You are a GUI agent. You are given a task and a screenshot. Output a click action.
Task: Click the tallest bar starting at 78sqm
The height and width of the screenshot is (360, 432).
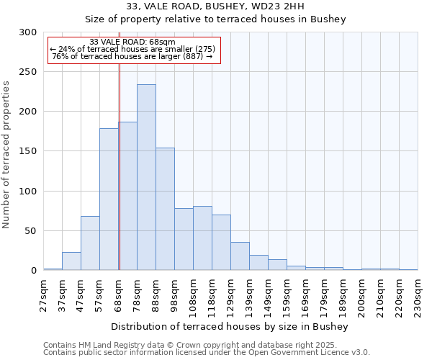click(x=146, y=177)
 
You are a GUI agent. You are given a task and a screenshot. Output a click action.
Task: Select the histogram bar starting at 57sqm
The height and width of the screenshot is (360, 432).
click(x=109, y=199)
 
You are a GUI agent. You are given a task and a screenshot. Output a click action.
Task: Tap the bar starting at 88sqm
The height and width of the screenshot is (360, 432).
click(x=165, y=209)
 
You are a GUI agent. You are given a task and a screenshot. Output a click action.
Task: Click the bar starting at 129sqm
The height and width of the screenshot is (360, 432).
click(x=240, y=256)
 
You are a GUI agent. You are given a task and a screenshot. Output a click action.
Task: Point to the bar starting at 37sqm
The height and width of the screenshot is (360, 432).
click(x=71, y=261)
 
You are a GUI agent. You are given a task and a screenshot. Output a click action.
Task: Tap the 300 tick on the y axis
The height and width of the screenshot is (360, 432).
click(x=28, y=32)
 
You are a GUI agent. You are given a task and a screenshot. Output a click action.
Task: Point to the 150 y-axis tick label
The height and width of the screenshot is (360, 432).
click(x=28, y=151)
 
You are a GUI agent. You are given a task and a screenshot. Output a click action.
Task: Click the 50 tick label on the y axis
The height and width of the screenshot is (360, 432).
click(x=30, y=231)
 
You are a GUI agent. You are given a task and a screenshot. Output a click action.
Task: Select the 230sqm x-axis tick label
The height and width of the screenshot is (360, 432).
click(x=418, y=296)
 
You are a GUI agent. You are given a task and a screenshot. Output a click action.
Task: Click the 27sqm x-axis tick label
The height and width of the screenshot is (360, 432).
click(x=44, y=294)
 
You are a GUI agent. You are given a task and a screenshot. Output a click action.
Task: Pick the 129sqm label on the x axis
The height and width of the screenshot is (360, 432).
click(x=231, y=296)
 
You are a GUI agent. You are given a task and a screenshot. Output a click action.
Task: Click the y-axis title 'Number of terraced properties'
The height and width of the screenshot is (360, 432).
click(x=6, y=155)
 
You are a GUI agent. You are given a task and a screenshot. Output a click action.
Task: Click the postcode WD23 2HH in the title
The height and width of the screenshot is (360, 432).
click(x=274, y=6)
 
